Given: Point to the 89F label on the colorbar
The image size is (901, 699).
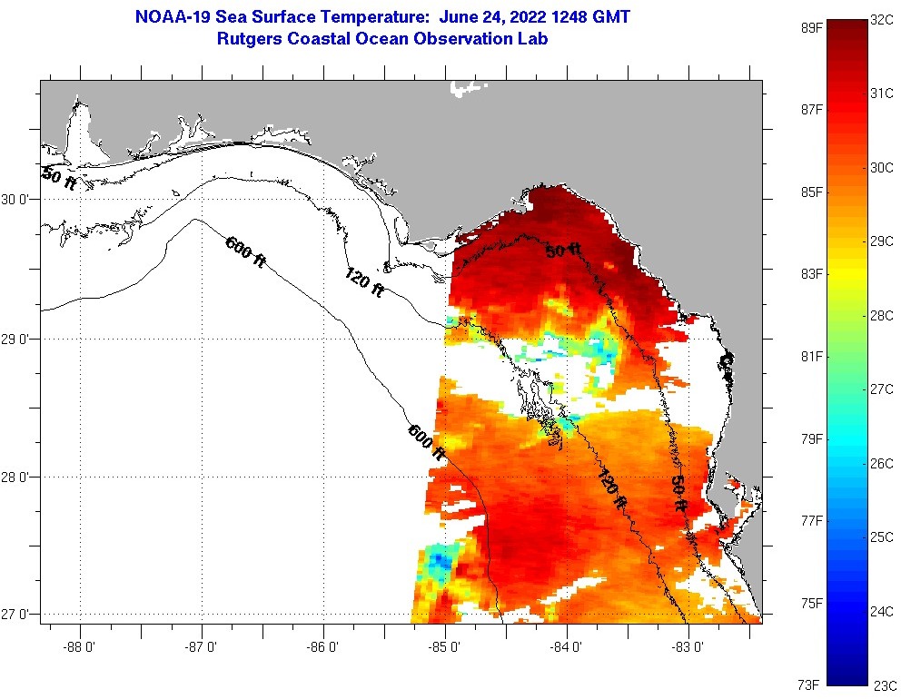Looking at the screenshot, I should click(x=810, y=27).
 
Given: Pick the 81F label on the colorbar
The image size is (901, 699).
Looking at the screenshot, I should click(x=810, y=356).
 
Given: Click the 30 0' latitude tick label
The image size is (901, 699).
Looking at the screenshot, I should click(x=17, y=200).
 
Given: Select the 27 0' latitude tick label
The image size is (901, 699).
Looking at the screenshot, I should click(x=17, y=615).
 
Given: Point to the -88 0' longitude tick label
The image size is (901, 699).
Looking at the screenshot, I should click(x=80, y=647).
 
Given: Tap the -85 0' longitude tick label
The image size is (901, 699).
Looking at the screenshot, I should click(x=445, y=647).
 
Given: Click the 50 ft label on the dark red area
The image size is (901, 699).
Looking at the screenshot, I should click(x=563, y=251).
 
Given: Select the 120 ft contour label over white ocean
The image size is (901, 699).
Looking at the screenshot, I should click(x=364, y=282).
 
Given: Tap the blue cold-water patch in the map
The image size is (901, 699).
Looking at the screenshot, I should click(x=441, y=560).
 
